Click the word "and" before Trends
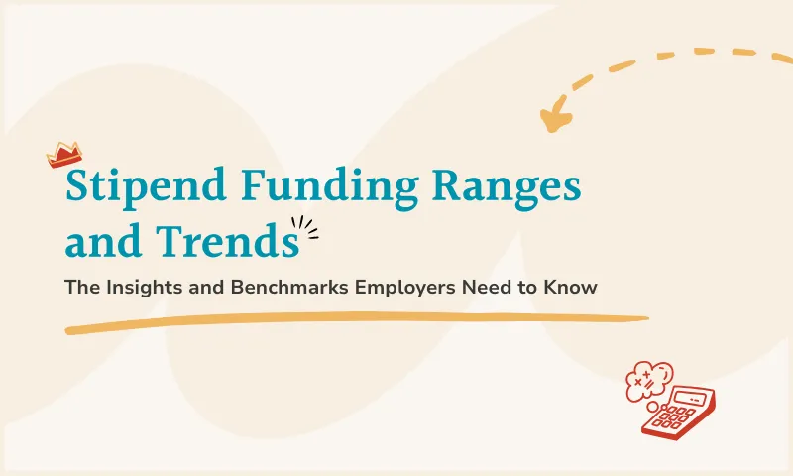(95, 241)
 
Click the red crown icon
(64, 155)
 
